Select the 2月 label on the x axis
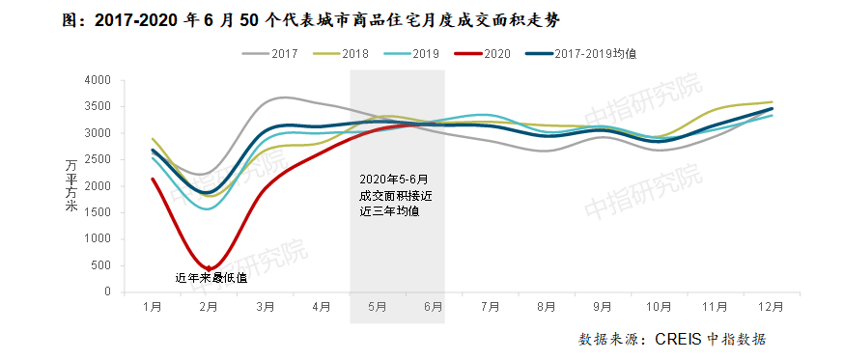[208, 307]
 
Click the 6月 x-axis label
[433, 307]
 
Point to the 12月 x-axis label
[770, 307]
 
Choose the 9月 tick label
[602, 307]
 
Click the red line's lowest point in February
[209, 267]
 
